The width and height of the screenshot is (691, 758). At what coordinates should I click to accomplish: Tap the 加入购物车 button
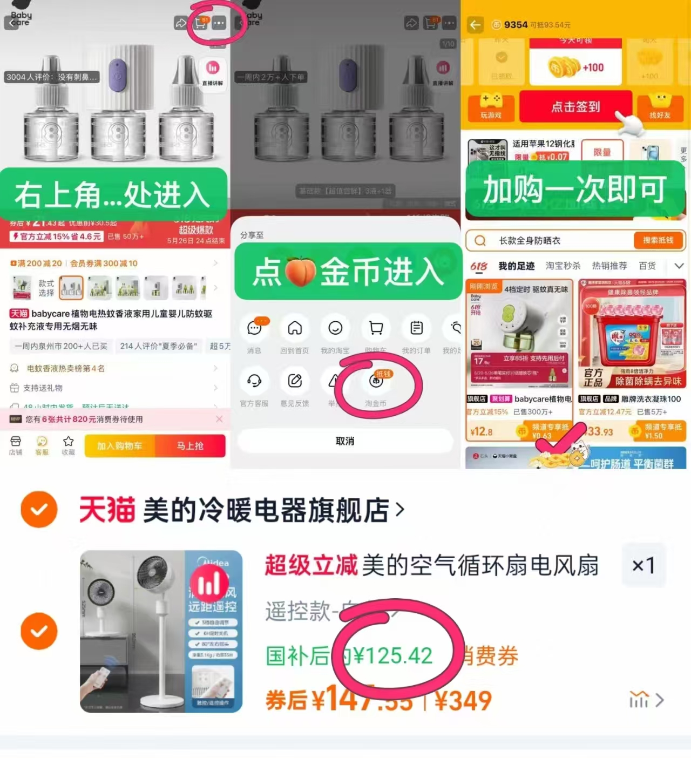pyautogui.click(x=119, y=446)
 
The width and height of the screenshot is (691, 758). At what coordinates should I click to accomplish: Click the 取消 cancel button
pyautogui.click(x=345, y=441)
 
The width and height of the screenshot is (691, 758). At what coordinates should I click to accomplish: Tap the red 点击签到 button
pyautogui.click(x=575, y=106)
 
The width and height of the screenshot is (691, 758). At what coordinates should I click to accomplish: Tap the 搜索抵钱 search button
pyautogui.click(x=658, y=240)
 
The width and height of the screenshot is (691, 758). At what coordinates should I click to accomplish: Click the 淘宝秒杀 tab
pyautogui.click(x=563, y=266)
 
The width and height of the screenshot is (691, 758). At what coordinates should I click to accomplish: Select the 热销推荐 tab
pyautogui.click(x=609, y=266)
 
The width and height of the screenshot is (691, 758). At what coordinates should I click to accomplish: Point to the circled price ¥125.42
pyautogui.click(x=393, y=656)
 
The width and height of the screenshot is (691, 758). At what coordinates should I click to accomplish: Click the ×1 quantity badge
pyautogui.click(x=643, y=566)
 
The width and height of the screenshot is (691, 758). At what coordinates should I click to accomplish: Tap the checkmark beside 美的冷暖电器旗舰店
pyautogui.click(x=39, y=509)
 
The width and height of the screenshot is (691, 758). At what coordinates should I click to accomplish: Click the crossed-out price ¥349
pyautogui.click(x=463, y=701)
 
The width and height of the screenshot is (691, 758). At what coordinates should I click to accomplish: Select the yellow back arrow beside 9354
pyautogui.click(x=475, y=25)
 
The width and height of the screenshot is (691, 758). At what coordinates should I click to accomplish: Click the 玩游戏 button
pyautogui.click(x=491, y=107)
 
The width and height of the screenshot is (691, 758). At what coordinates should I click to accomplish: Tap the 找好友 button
pyautogui.click(x=660, y=107)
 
